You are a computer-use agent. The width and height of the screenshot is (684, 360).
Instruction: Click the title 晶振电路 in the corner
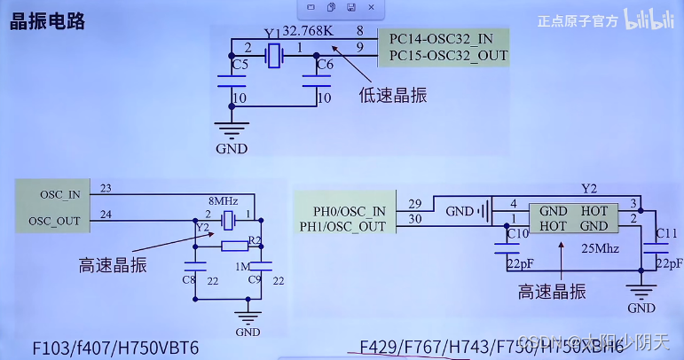[x=48, y=21]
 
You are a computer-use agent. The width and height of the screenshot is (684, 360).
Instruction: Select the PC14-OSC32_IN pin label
[x=441, y=38]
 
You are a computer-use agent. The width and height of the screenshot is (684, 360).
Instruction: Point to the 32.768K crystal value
[x=307, y=32]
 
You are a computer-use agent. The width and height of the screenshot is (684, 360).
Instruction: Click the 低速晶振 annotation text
[x=388, y=94]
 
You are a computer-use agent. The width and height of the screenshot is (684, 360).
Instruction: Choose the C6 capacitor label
[x=325, y=66]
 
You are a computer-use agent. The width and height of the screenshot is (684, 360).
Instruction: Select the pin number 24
[x=106, y=214]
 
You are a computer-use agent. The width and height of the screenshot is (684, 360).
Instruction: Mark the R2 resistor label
[x=255, y=240]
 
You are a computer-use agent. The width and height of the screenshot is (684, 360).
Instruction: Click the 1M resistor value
[x=241, y=265]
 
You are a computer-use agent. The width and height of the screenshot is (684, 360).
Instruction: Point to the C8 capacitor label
[x=188, y=280]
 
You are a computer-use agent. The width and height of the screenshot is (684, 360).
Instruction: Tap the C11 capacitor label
[x=666, y=234]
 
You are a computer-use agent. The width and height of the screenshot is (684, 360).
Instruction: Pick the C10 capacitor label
[x=516, y=233]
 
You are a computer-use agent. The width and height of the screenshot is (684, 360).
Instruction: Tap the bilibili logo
[x=650, y=20]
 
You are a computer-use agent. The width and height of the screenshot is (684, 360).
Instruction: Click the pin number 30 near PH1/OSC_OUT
[x=413, y=221]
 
